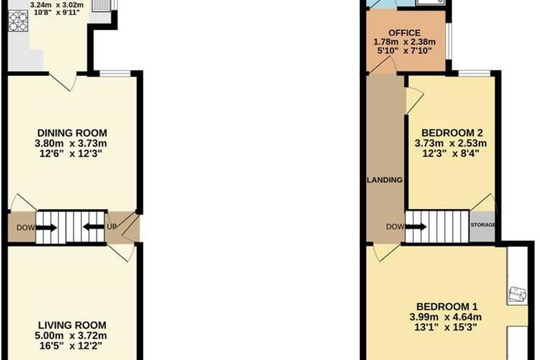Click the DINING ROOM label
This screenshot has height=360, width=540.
(72, 133)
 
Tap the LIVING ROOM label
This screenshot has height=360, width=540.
(72, 325)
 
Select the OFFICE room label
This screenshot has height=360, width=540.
(404, 33)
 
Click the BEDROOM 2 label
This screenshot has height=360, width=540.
(452, 133)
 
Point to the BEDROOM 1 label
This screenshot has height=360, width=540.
(447, 306)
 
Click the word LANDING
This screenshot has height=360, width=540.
(385, 180)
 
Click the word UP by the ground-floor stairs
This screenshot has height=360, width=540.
(112, 227)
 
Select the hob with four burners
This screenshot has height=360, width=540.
(18, 21)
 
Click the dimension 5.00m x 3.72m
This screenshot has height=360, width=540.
(71, 335)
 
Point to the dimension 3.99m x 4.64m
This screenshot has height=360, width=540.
(445, 317)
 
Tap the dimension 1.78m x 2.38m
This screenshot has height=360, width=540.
(404, 42)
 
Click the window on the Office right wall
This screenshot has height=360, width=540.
(449, 42)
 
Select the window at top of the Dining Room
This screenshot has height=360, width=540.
(115, 73)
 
